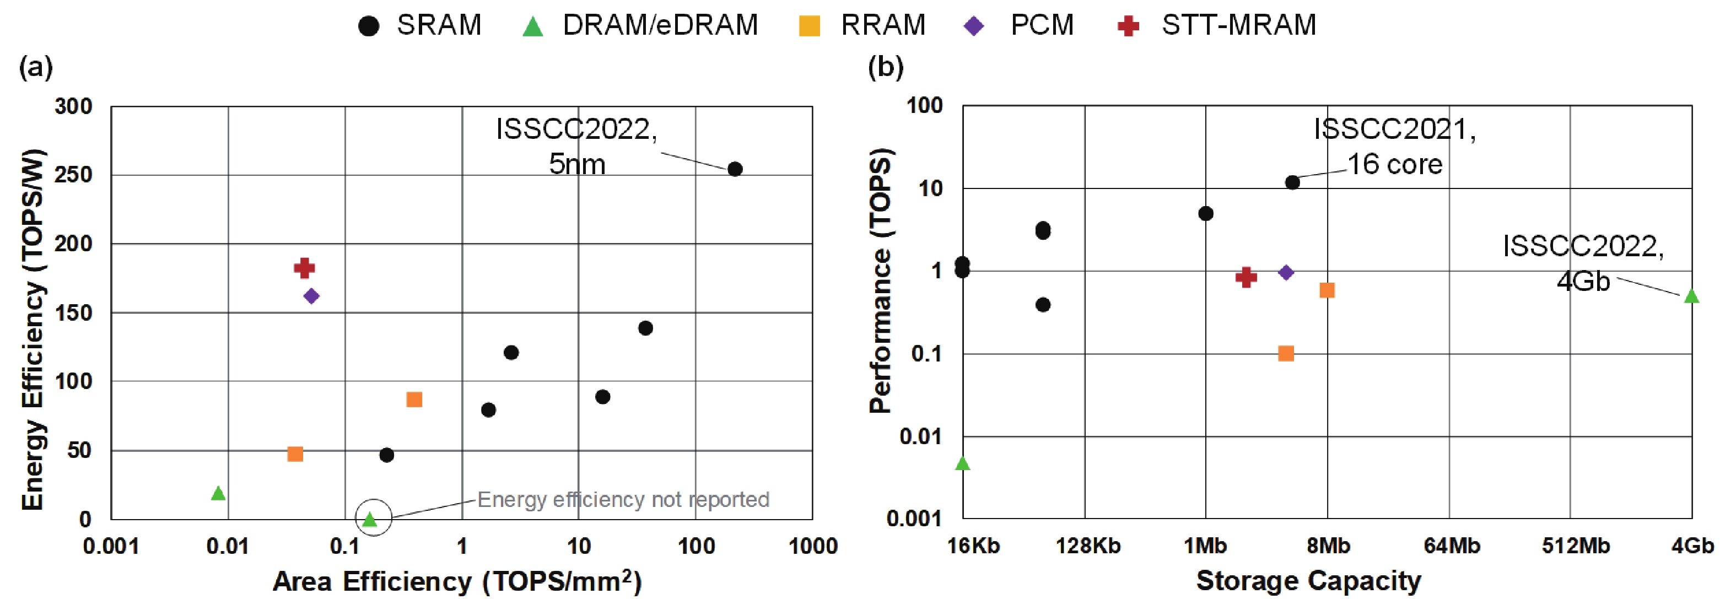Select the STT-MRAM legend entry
(1216, 25)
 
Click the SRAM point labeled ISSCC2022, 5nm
(735, 169)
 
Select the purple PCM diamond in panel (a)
(311, 296)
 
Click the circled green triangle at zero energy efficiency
(369, 519)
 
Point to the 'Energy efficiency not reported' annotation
(623, 499)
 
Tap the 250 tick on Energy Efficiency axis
(73, 175)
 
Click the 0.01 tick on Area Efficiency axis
(228, 546)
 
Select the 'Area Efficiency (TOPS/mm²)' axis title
(457, 581)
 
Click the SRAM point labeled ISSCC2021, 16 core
(1292, 182)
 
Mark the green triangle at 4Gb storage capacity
(1691, 296)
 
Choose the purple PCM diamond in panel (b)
(1286, 272)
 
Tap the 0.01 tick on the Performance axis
(920, 436)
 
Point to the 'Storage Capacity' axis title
(1308, 580)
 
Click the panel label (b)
(886, 67)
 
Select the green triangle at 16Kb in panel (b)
(962, 463)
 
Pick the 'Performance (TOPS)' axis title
(880, 279)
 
